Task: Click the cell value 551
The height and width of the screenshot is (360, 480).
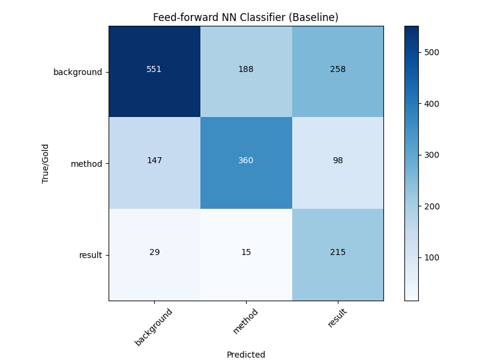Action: (154, 69)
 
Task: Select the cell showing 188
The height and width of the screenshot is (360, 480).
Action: (246, 69)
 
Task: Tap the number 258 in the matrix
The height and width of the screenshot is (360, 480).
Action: (337, 69)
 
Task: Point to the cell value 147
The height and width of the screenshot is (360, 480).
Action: (154, 161)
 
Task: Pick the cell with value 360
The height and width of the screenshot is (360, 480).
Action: (246, 161)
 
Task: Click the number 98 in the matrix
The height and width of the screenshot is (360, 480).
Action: (337, 161)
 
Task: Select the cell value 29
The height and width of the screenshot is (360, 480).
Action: (154, 252)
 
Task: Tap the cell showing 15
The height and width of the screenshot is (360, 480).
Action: (246, 252)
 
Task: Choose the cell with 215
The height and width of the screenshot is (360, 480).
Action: (337, 252)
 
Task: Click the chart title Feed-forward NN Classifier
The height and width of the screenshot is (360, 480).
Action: (245, 17)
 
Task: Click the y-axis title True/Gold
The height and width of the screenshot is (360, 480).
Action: (45, 163)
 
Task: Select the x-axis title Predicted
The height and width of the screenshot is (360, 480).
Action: (246, 355)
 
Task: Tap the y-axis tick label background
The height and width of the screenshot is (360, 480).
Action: (77, 72)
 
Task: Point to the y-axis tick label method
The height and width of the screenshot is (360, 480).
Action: (86, 163)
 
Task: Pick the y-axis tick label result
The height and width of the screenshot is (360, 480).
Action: (90, 255)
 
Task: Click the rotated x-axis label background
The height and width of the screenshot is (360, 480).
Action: (154, 326)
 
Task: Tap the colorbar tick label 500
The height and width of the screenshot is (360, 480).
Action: (431, 52)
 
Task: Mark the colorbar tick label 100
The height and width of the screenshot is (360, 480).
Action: (431, 257)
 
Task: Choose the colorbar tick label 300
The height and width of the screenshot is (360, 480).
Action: (431, 155)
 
